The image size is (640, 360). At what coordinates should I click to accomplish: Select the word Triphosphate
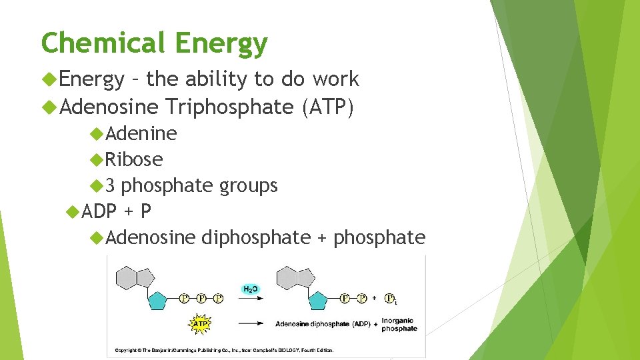229,106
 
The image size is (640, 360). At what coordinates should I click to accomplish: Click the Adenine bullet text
141,133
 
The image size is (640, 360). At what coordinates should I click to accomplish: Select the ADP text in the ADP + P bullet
99,211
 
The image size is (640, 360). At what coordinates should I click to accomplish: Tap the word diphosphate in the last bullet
255,237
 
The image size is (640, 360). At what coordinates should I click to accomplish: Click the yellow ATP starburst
200,324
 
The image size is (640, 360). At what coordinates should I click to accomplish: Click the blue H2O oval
251,289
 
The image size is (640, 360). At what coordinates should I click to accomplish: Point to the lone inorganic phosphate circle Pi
391,298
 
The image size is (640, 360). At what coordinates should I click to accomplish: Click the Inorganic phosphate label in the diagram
399,324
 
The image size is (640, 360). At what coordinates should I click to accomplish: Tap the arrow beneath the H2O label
250,299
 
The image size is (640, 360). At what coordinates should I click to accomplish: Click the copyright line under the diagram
224,350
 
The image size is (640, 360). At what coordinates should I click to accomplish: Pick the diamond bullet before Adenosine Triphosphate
47,106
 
